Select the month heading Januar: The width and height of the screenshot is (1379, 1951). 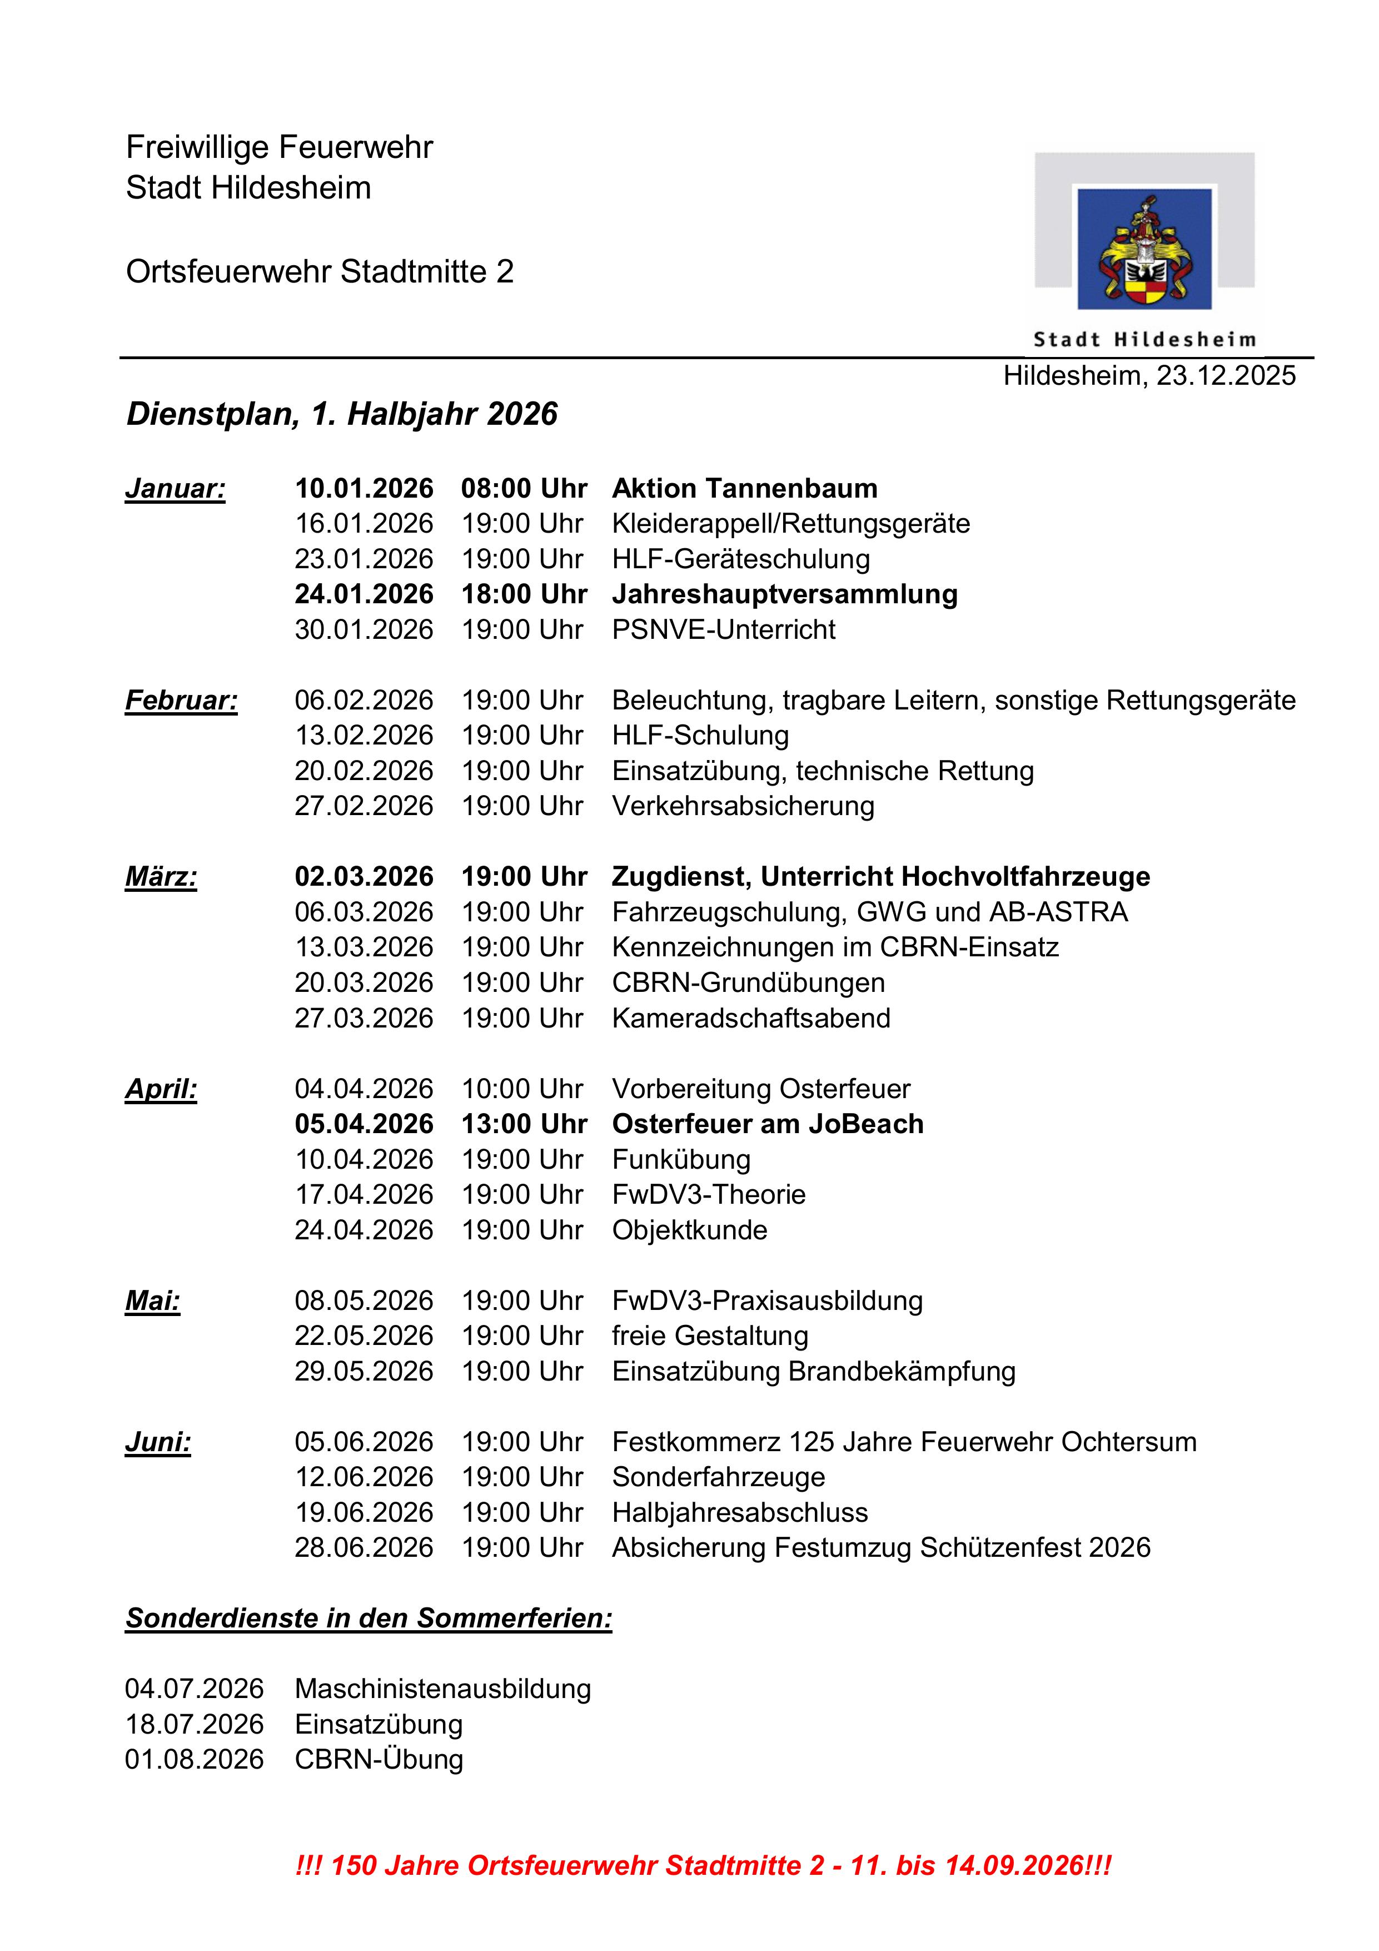(x=175, y=489)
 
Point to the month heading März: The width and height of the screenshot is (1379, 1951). (x=161, y=876)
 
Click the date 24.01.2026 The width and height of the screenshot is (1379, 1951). (x=364, y=594)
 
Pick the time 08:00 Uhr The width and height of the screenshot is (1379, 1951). (x=524, y=489)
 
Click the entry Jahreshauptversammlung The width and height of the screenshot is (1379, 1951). (x=784, y=594)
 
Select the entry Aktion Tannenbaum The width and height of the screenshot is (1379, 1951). (x=744, y=489)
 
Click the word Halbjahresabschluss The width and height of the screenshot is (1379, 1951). (x=739, y=1512)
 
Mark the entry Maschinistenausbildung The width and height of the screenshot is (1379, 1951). (x=442, y=1689)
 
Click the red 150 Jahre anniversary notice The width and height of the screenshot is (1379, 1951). (x=703, y=1865)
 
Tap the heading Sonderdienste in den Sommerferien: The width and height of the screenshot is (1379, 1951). (x=369, y=1618)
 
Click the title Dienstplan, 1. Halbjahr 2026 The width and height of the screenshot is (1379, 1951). (x=342, y=414)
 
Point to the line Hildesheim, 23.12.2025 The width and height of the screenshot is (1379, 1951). (x=1149, y=376)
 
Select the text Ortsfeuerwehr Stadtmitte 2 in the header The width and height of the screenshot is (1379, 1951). (x=320, y=272)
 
